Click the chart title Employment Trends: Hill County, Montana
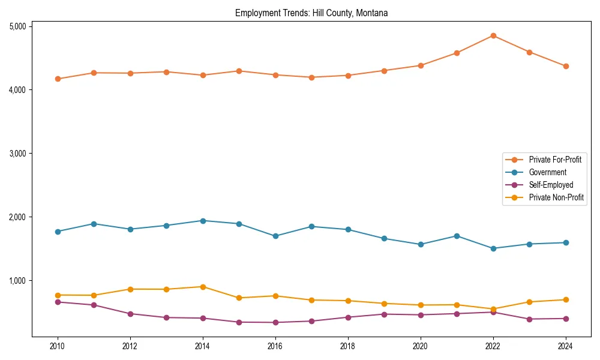[311, 13]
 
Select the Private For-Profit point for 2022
[493, 35]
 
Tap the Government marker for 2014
[203, 221]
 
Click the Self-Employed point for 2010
[58, 302]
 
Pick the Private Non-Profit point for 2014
[203, 287]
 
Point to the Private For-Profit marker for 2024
[566, 66]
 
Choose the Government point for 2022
[493, 248]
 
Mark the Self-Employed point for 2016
[275, 322]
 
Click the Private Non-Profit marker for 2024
[566, 299]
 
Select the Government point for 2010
[58, 232]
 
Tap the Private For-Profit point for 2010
[58, 79]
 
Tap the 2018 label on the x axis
[348, 346]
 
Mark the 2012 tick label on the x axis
[130, 346]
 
